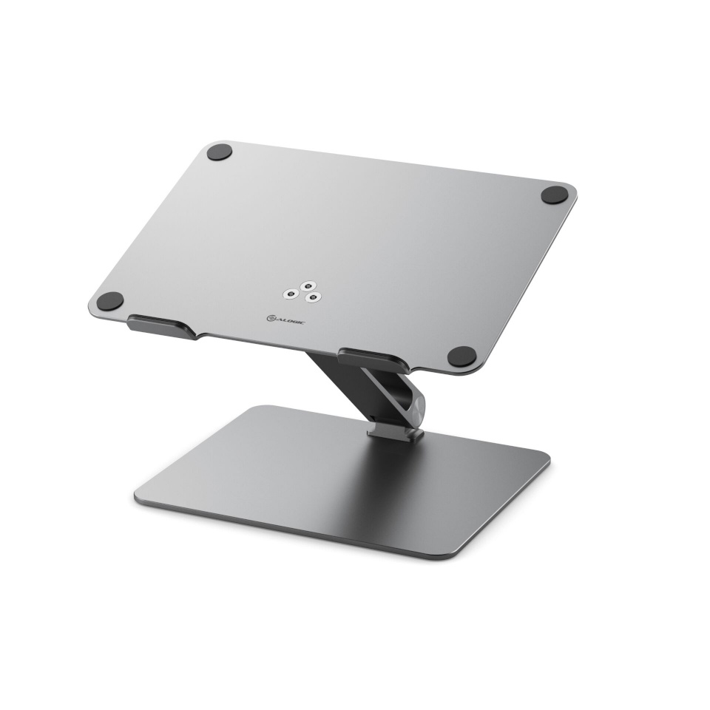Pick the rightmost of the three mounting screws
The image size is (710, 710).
[x=314, y=297]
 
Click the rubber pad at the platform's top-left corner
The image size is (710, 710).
[x=219, y=152]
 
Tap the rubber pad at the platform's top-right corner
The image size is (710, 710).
[x=554, y=195]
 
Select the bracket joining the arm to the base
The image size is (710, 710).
[x=396, y=431]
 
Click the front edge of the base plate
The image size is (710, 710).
[x=296, y=530]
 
